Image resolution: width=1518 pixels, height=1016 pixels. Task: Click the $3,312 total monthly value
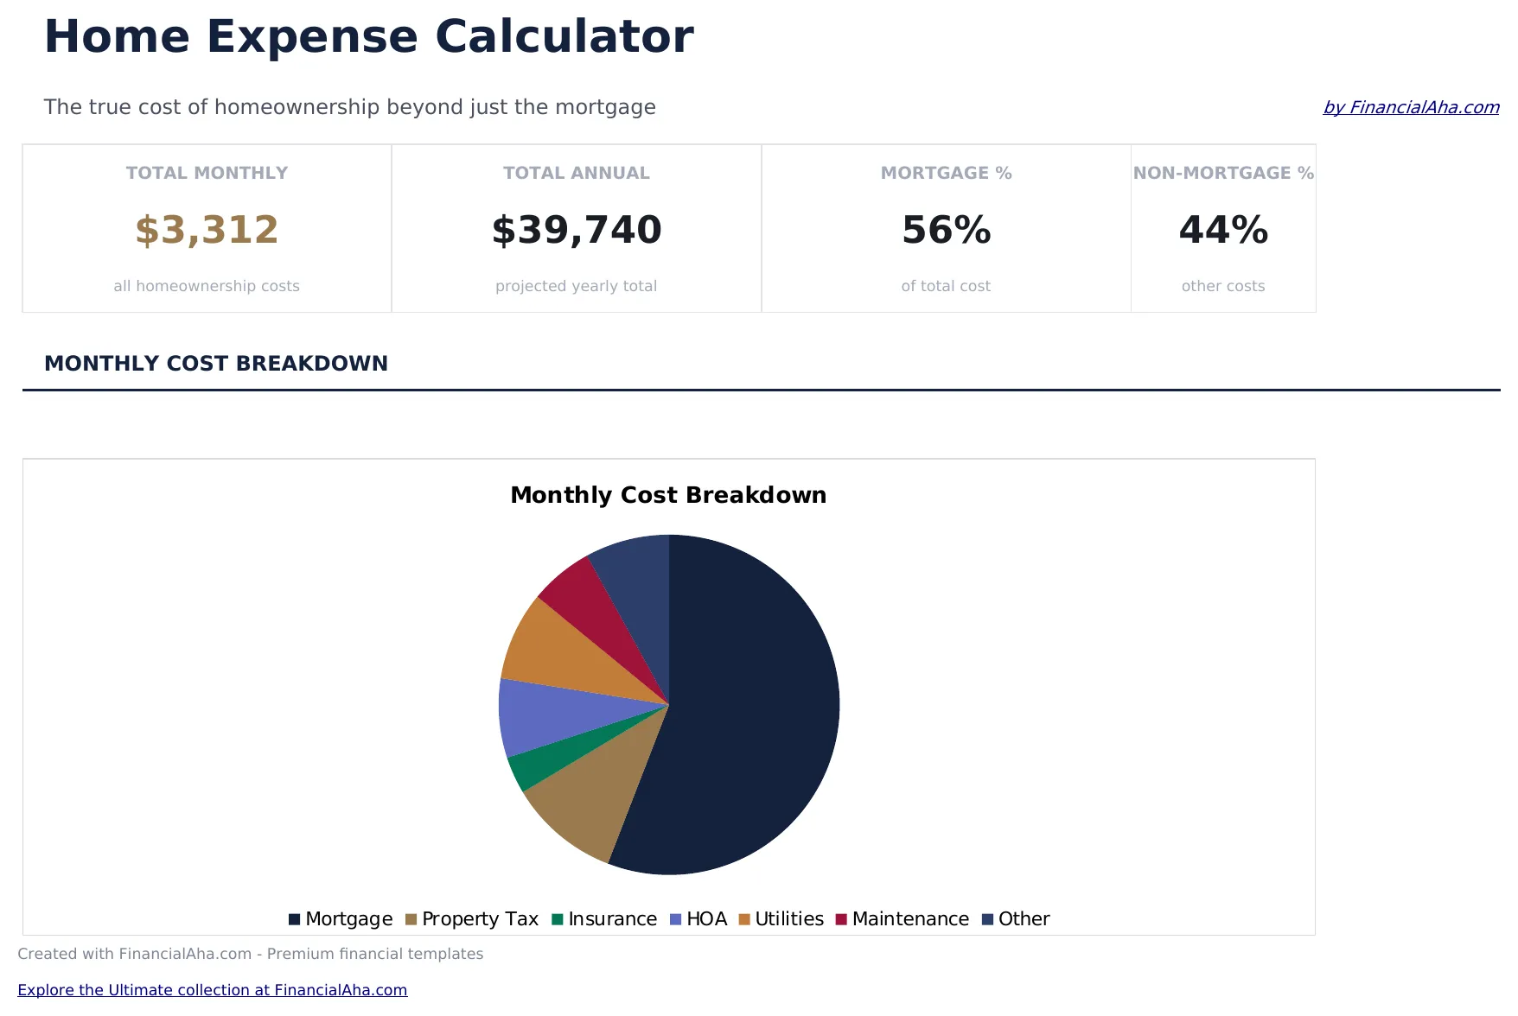point(207,230)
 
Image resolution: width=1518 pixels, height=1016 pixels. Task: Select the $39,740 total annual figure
point(577,230)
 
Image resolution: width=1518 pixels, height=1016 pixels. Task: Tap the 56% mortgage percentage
point(946,230)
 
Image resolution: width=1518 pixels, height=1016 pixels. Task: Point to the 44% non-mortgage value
point(1223,230)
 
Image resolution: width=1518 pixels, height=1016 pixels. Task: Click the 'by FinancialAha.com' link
point(1411,107)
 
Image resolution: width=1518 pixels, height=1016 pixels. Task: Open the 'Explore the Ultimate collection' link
point(212,990)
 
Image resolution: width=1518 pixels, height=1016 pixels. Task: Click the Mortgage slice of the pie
point(752,708)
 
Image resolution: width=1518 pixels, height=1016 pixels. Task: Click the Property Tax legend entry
point(472,919)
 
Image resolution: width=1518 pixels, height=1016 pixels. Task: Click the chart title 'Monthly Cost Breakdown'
point(668,495)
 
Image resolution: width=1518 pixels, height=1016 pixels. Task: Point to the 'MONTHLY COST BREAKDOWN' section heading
point(216,364)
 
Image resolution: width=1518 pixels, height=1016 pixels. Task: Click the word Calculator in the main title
point(564,37)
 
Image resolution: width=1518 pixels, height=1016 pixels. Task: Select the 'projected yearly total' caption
point(577,286)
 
